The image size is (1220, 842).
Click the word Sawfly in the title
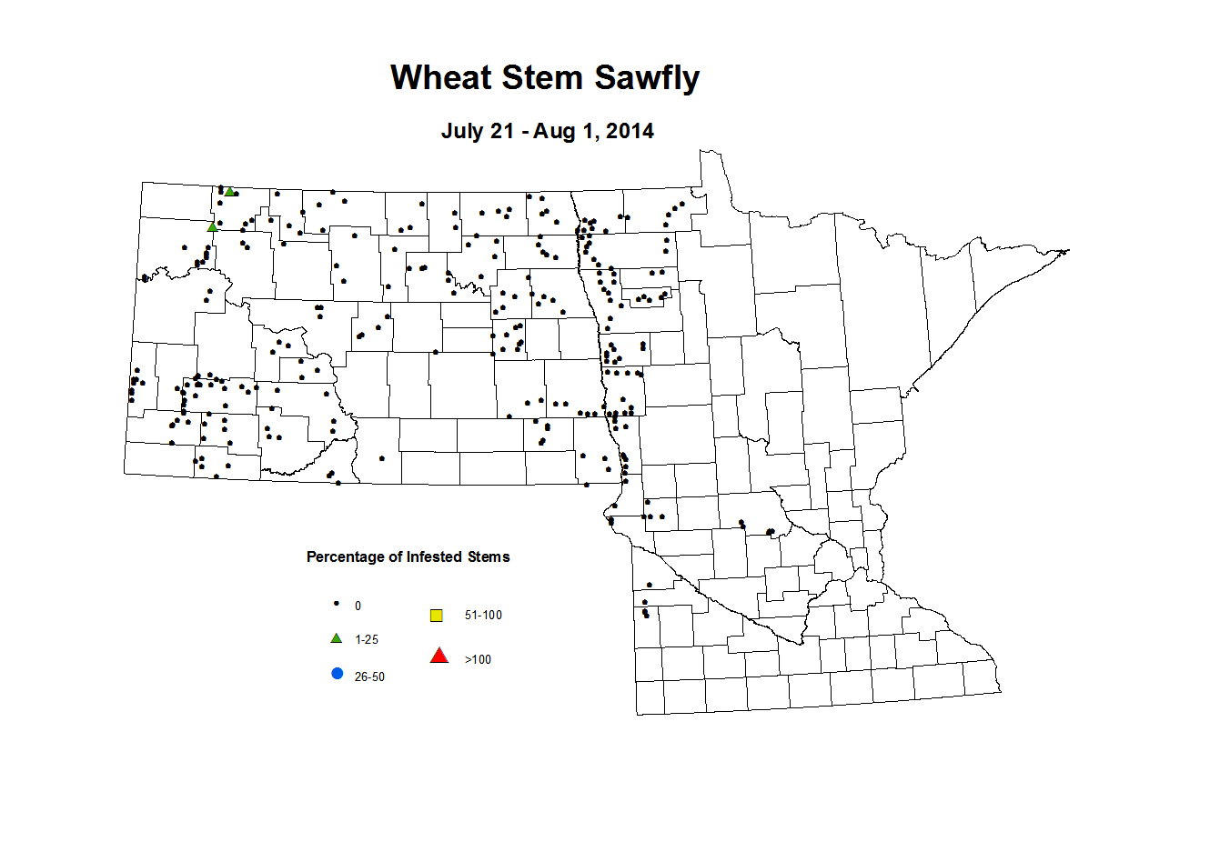point(647,79)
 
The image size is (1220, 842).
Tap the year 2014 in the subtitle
point(630,131)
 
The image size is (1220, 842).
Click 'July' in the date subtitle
point(463,131)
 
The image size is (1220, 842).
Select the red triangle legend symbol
point(439,656)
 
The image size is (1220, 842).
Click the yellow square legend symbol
point(437,616)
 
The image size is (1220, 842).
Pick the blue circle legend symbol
point(338,674)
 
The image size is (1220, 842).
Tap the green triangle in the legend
point(337,638)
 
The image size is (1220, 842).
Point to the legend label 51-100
point(483,616)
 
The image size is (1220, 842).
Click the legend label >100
point(478,660)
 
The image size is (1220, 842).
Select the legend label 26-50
point(369,677)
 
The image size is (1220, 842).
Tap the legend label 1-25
point(367,640)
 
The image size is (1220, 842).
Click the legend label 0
point(358,606)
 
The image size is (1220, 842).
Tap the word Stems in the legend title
point(489,557)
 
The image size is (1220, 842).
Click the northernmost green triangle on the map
point(230,192)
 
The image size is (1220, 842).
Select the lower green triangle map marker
point(212,227)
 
